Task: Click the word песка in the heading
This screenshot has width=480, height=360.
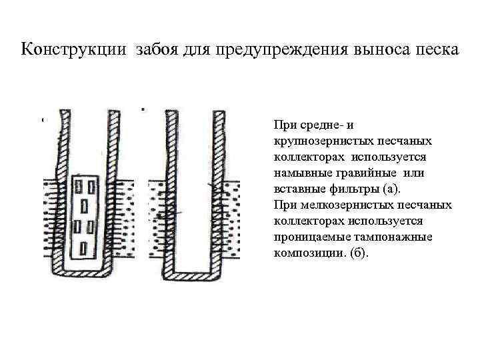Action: point(435,50)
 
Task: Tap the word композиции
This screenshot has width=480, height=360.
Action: point(306,253)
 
